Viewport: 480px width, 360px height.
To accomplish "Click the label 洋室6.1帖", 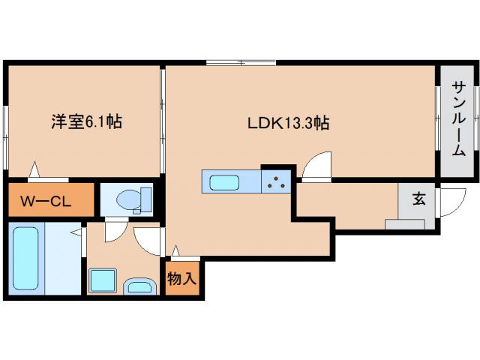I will point(86,121).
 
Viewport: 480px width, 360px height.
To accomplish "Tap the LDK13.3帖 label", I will point(289,122).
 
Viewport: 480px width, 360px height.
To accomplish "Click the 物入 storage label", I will point(181,278).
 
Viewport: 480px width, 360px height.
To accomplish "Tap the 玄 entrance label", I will point(418,199).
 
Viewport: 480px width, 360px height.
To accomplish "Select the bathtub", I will point(26,259).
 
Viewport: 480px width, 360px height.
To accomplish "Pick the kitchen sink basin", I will point(224,182).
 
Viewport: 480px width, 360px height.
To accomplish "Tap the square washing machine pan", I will point(102,280).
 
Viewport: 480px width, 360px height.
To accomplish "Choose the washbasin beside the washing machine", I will point(138,285).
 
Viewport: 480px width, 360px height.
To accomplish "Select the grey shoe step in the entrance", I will point(405,224).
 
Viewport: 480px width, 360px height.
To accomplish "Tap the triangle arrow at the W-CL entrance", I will point(34,171).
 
